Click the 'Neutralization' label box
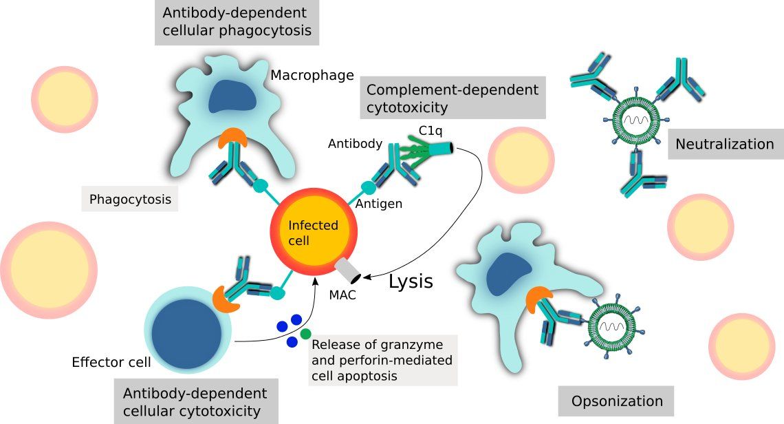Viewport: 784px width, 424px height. pos(725,144)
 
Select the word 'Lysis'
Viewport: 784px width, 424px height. pos(411,281)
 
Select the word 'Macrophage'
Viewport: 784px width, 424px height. pos(312,74)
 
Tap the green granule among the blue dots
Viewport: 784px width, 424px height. pos(305,334)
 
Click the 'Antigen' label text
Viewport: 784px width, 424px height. pos(380,204)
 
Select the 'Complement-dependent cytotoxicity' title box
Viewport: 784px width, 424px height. pos(452,98)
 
